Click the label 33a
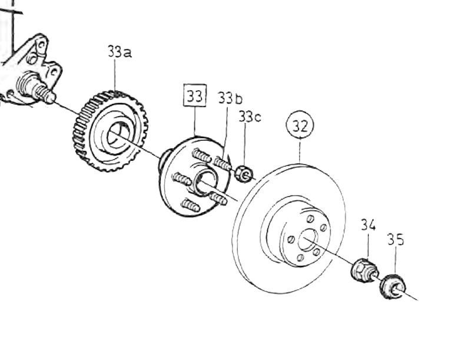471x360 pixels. pyautogui.click(x=120, y=52)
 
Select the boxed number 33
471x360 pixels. pyautogui.click(x=195, y=95)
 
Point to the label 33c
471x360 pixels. pyautogui.click(x=250, y=117)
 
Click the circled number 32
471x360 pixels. pyautogui.click(x=300, y=125)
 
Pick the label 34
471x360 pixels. pyautogui.click(x=369, y=224)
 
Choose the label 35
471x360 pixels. pyautogui.click(x=396, y=240)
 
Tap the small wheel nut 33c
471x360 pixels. pyautogui.click(x=244, y=174)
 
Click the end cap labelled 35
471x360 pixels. pyautogui.click(x=392, y=287)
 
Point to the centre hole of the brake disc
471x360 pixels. pyautogui.click(x=307, y=240)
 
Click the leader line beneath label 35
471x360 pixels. pyautogui.click(x=394, y=262)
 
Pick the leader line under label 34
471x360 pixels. pyautogui.click(x=367, y=245)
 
